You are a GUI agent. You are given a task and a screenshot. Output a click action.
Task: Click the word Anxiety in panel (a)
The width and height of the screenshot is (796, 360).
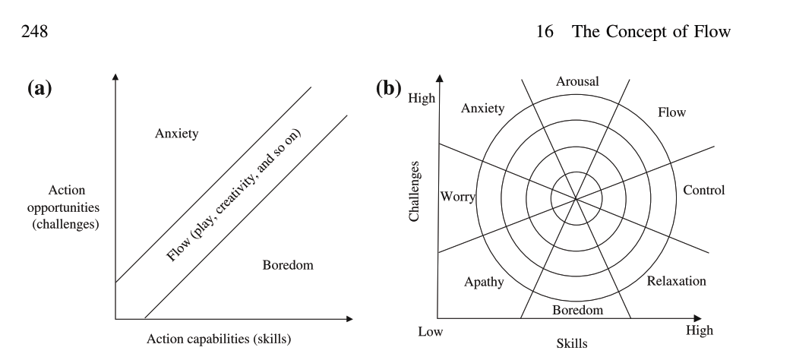pyautogui.click(x=175, y=134)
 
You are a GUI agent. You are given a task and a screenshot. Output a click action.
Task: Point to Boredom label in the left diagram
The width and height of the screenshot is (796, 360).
pyautogui.click(x=288, y=265)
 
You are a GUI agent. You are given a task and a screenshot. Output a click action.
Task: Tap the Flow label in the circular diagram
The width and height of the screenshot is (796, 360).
pyautogui.click(x=671, y=112)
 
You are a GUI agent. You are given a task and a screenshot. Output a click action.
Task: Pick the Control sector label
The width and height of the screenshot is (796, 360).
pyautogui.click(x=704, y=190)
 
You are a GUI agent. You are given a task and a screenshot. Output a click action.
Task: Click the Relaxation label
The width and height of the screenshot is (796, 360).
pyautogui.click(x=676, y=281)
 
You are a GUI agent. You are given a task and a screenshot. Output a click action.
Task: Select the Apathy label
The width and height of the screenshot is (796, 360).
pyautogui.click(x=482, y=282)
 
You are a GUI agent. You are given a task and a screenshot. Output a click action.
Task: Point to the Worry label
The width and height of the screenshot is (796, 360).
pyautogui.click(x=457, y=198)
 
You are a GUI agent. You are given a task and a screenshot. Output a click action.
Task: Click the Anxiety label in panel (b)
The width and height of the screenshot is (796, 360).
pyautogui.click(x=482, y=109)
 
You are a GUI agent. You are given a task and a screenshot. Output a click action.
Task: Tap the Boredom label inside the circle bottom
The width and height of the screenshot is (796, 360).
pyautogui.click(x=577, y=310)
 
